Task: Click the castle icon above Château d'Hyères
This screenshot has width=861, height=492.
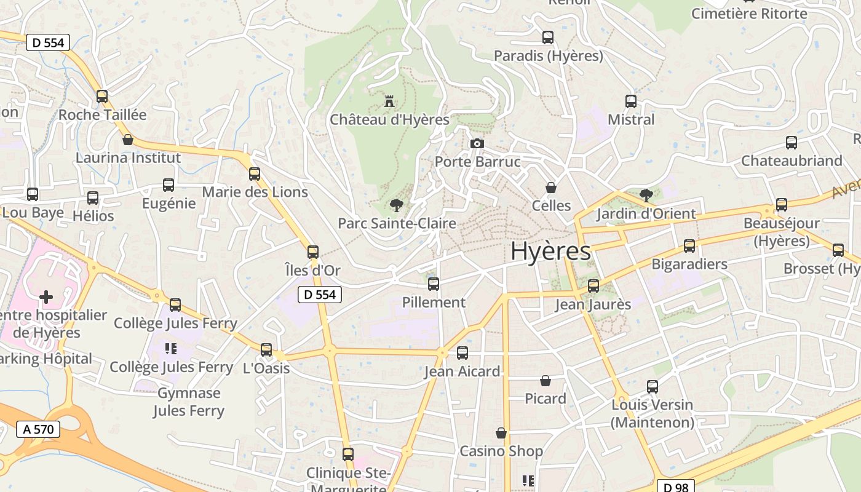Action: pyautogui.click(x=389, y=101)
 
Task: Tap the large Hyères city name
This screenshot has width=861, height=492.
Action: pyautogui.click(x=550, y=252)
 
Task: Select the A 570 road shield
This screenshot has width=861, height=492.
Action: pyautogui.click(x=38, y=429)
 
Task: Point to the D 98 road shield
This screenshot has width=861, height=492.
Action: pyautogui.click(x=676, y=487)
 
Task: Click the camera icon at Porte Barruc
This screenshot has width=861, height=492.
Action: pyautogui.click(x=477, y=144)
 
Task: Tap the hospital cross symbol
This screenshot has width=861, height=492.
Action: pyautogui.click(x=46, y=298)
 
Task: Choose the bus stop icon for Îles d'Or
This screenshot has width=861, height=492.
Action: pyautogui.click(x=313, y=252)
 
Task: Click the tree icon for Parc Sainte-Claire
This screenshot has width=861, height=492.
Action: pyautogui.click(x=397, y=205)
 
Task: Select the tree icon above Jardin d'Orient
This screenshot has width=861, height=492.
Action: pyautogui.click(x=646, y=196)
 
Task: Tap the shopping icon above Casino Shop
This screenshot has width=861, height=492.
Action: pyautogui.click(x=501, y=433)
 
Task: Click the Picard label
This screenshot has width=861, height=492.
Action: pyautogui.click(x=545, y=399)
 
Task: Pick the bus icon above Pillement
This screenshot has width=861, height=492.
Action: pyautogui.click(x=434, y=284)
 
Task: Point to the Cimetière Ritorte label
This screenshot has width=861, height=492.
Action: pyautogui.click(x=749, y=14)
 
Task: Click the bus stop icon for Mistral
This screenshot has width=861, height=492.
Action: pyautogui.click(x=631, y=101)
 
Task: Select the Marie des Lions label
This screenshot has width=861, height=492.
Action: pyautogui.click(x=255, y=192)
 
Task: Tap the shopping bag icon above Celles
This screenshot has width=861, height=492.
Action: pyautogui.click(x=551, y=188)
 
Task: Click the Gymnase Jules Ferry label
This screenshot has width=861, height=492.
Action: pyautogui.click(x=189, y=402)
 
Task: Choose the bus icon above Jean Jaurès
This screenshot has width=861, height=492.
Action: pyautogui.click(x=593, y=285)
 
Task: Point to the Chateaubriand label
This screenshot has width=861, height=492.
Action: pyautogui.click(x=792, y=161)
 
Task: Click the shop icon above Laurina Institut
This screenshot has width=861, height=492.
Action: pyautogui.click(x=128, y=140)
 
